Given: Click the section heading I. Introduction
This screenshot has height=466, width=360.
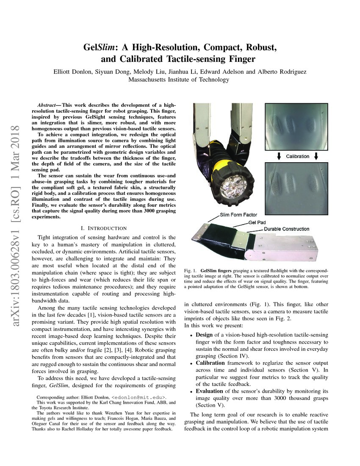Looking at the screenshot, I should coord(103,228).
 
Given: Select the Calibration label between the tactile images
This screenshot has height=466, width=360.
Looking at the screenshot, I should coord(298,156).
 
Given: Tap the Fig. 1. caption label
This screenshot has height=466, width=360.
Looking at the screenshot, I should coord(190,270).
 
